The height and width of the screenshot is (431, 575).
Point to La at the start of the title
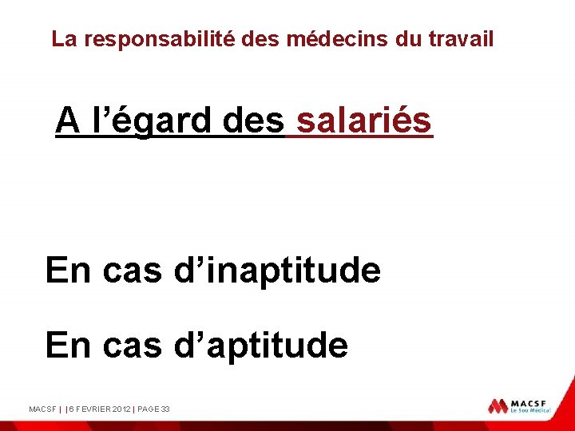(63, 39)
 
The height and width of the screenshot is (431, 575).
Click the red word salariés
(364, 121)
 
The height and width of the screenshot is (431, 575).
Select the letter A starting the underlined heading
(67, 121)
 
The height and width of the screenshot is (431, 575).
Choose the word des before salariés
(254, 121)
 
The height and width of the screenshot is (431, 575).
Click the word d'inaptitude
(277, 271)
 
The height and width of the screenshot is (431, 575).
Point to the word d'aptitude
(260, 346)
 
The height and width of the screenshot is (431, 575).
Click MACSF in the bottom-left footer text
(42, 409)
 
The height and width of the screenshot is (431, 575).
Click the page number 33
(165, 409)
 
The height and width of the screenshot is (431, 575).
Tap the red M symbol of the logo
(498, 406)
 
